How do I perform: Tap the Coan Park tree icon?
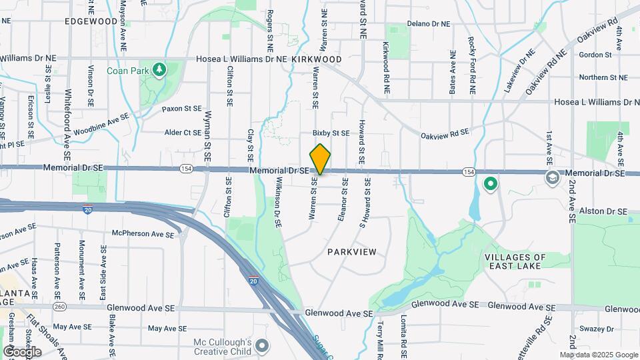tap(159, 69)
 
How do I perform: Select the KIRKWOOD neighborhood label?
tap(317, 59)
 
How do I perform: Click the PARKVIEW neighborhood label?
tap(351, 252)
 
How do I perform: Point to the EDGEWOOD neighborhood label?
tap(91, 21)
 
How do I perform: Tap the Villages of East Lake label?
tap(515, 262)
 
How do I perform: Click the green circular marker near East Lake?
tap(491, 183)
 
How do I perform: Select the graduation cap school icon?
tap(553, 177)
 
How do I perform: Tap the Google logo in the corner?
tap(22, 351)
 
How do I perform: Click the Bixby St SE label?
tap(331, 133)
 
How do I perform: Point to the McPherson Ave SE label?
tap(138, 234)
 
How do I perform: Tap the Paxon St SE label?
tap(181, 108)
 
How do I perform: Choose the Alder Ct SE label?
tap(183, 133)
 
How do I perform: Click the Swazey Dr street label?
tap(601, 329)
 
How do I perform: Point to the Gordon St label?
tap(595, 55)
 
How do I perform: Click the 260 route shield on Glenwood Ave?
tap(60, 307)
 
